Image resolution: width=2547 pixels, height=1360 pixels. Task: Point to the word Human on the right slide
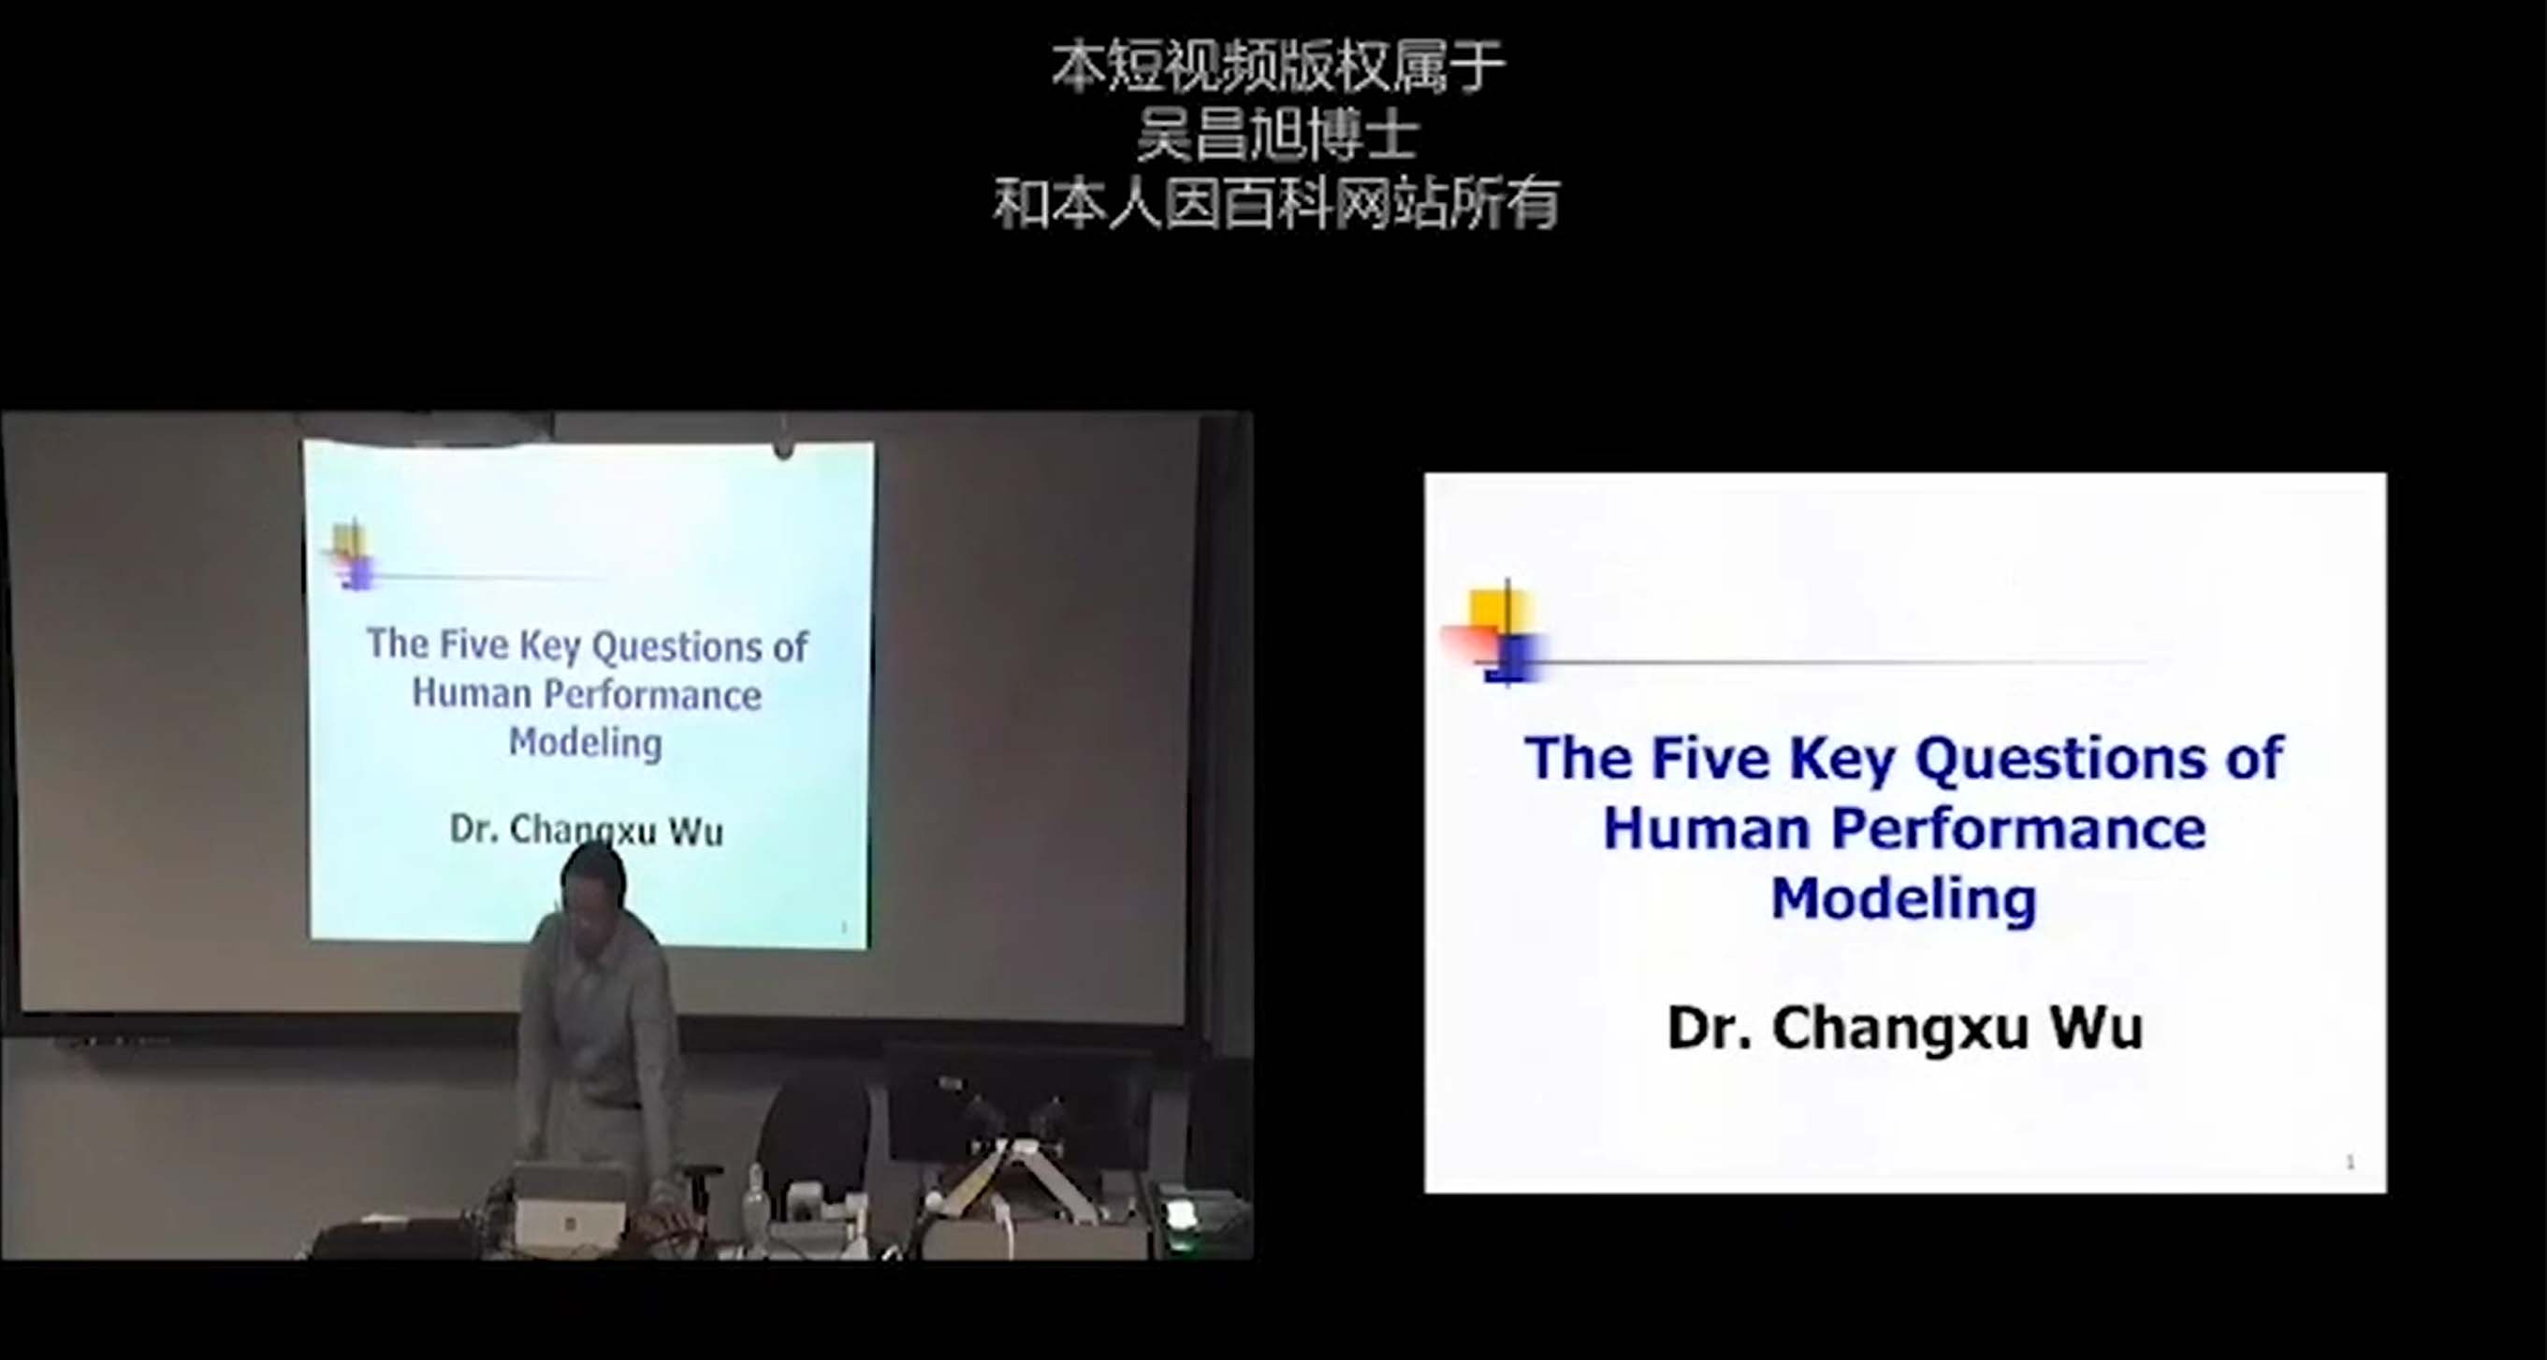[x=1707, y=829]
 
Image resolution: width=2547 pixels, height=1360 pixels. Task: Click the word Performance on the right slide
[x=2019, y=829]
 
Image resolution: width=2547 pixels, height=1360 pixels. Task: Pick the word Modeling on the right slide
[x=1904, y=900]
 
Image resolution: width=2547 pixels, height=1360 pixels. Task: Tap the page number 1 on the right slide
[x=2351, y=1163]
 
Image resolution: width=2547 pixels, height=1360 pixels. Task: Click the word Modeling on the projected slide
[x=586, y=743]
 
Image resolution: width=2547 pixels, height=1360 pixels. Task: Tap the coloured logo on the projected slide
[x=352, y=557]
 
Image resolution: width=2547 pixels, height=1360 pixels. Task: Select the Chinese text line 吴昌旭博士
[x=1277, y=135]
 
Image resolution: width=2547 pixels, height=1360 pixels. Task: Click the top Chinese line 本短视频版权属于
[x=1277, y=66]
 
